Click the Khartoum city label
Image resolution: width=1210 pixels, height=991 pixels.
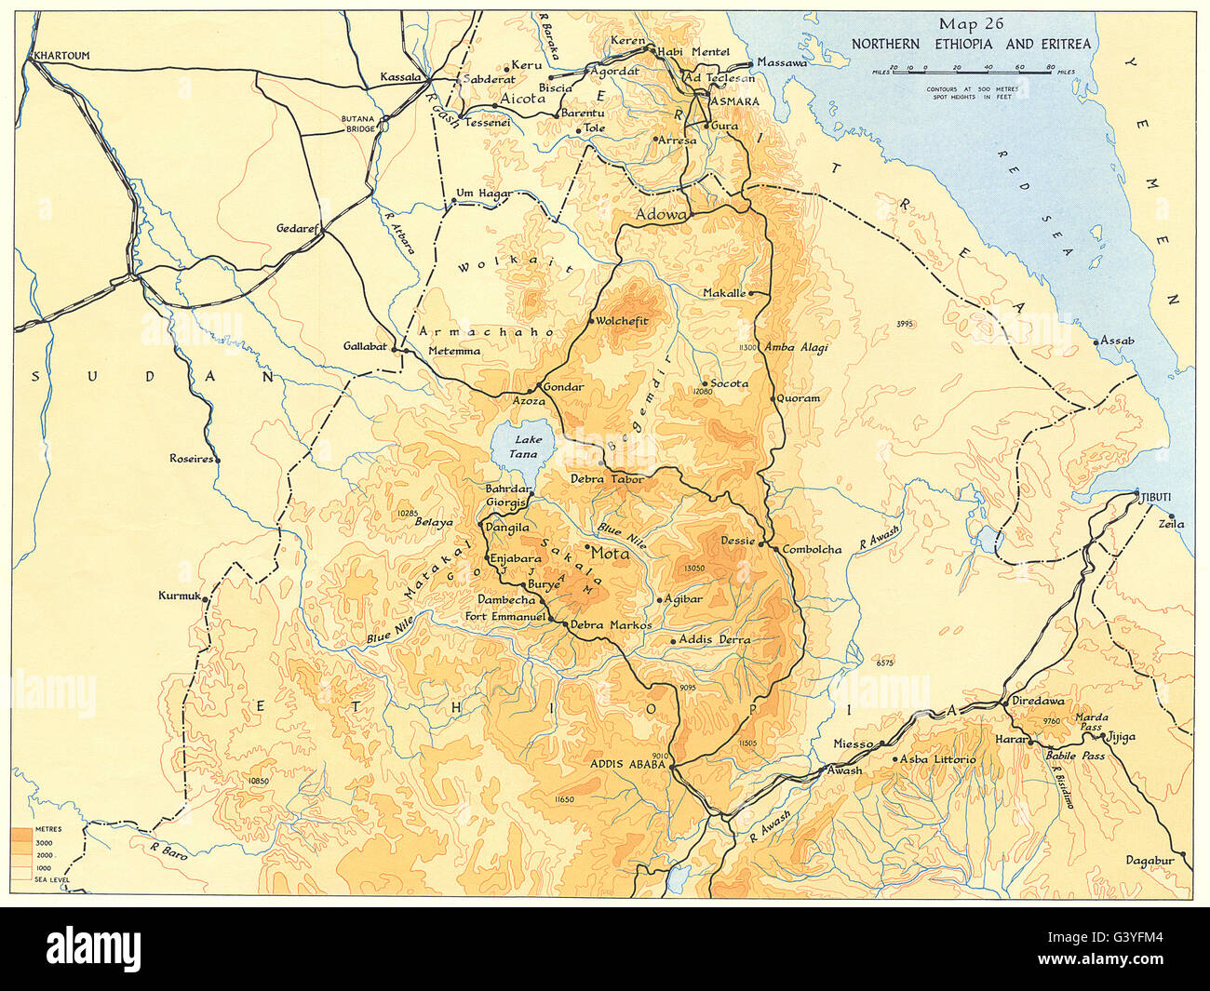(62, 56)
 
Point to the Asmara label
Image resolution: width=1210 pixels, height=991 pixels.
(734, 100)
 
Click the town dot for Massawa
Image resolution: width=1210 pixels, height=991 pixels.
(750, 63)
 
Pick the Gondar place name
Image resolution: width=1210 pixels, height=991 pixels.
(564, 387)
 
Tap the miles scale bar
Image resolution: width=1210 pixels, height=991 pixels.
(970, 70)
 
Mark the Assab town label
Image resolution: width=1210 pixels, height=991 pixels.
(1117, 341)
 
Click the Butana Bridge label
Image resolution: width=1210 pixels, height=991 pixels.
(357, 124)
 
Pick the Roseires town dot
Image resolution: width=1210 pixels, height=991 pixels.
(216, 460)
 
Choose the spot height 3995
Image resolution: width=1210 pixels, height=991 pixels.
(906, 324)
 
